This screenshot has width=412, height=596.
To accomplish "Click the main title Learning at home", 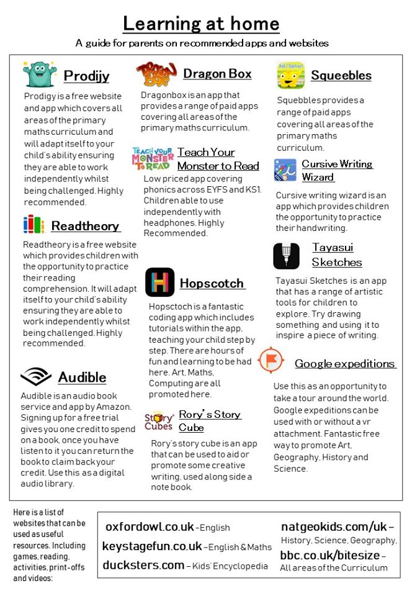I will (201, 24).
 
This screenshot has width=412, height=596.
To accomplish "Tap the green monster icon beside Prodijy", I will (39, 74).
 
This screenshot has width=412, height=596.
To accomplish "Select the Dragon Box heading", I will (217, 74).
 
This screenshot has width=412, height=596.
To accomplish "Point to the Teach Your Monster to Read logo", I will (153, 159).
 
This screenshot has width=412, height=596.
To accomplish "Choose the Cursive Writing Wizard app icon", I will (285, 170).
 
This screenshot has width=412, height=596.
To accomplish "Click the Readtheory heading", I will (86, 226).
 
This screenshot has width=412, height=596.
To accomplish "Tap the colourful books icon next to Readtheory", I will (34, 225).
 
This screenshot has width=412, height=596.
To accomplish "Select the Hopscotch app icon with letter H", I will (159, 282).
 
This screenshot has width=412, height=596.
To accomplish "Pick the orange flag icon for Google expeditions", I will (271, 361).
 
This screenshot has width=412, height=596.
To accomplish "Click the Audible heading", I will (82, 377).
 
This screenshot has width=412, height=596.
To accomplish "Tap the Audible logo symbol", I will (36, 377).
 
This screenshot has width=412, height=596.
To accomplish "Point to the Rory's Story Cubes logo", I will (159, 421).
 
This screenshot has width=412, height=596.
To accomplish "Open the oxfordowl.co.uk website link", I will (150, 527).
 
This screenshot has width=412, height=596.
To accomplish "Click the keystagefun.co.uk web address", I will (152, 546).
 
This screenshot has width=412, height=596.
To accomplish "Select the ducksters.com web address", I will (143, 565).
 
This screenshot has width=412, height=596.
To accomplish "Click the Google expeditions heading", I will (344, 364).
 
